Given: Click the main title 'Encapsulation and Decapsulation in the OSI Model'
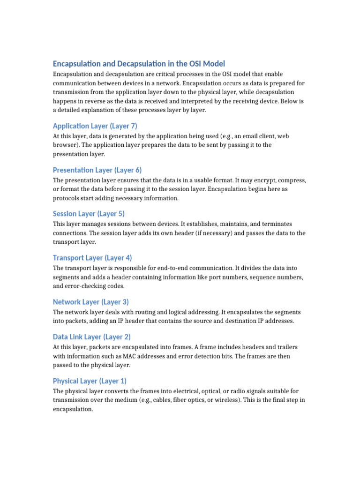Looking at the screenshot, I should [139, 63].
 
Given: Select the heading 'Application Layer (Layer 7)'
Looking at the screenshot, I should [95, 126].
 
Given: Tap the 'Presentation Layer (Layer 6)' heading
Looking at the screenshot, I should [97, 170].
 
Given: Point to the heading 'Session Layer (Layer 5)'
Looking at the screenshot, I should [89, 214].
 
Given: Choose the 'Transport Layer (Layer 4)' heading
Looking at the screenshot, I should [92, 258].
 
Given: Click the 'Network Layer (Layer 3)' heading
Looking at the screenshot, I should [90, 302].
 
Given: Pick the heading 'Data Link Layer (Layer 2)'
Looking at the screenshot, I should [91, 337].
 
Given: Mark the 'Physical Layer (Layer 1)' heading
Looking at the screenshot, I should [90, 381].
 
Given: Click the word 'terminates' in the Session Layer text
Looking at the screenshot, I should [277, 224].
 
